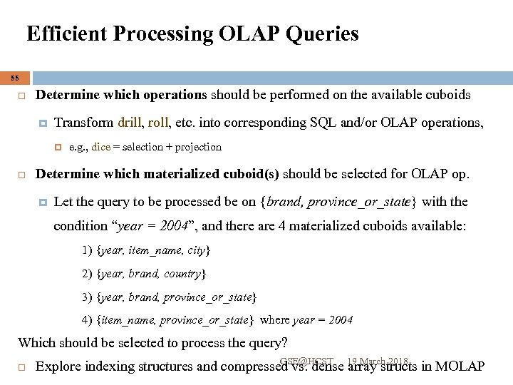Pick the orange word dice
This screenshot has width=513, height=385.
coord(100,147)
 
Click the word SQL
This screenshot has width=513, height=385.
coord(324,122)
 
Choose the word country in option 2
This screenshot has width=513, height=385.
coord(183,273)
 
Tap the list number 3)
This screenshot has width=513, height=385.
coord(87,297)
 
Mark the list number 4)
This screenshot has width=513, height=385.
coord(87,320)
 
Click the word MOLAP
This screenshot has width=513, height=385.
coord(460,367)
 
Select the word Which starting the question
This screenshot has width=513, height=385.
coord(35,342)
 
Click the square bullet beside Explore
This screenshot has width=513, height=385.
coord(22,368)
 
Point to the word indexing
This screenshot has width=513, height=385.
coord(109,367)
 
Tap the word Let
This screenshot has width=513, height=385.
coord(63,202)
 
